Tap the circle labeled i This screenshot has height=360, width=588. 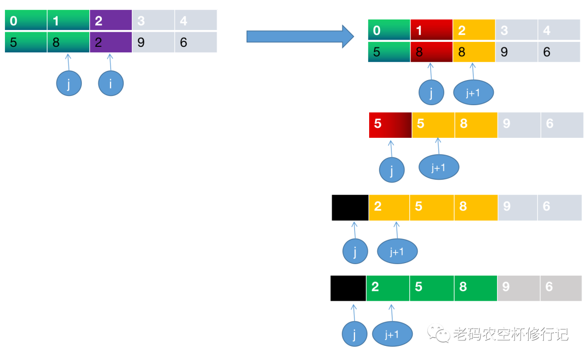(111, 83)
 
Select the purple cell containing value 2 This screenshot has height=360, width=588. (111, 42)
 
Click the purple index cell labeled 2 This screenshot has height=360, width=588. (111, 21)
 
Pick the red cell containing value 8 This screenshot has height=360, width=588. (431, 52)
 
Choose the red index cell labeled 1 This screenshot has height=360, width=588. (431, 30)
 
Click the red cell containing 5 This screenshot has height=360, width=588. (390, 124)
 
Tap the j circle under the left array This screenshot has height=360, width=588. (69, 83)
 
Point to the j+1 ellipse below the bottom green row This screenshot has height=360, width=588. (392, 334)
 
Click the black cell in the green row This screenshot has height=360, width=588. (348, 288)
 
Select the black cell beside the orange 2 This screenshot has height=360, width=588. (350, 208)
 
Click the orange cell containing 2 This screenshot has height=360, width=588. (389, 208)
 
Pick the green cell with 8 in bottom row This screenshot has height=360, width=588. (475, 288)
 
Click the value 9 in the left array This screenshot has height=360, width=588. (153, 42)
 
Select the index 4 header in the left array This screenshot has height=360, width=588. (195, 21)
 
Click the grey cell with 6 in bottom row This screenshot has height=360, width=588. (561, 288)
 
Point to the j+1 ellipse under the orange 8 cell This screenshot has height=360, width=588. (473, 93)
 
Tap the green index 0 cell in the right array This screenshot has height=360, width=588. (389, 30)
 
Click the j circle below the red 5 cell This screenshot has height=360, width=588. (392, 170)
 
